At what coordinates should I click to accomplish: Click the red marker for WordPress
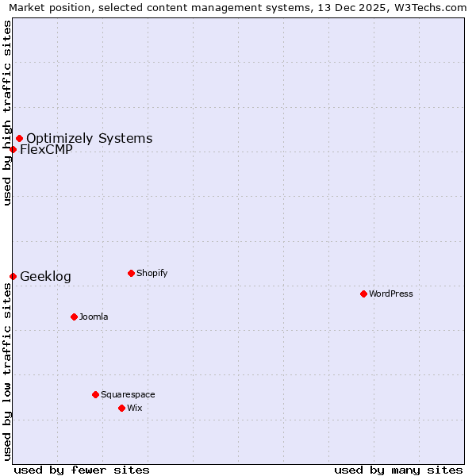click(363, 294)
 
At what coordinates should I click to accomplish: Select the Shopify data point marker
click(131, 273)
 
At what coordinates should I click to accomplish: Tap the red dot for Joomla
click(74, 317)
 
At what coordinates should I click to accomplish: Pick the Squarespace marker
click(95, 394)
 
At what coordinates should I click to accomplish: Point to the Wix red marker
click(121, 408)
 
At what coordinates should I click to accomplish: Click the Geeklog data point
click(13, 276)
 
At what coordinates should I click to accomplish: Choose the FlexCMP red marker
click(13, 149)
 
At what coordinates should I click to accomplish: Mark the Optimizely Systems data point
click(19, 138)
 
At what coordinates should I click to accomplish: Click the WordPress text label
click(391, 294)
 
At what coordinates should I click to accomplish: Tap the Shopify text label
click(152, 273)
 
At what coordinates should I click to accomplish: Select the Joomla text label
click(94, 317)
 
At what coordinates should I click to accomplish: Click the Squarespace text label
click(128, 394)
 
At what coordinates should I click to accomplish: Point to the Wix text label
click(135, 408)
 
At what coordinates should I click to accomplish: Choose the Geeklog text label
click(45, 276)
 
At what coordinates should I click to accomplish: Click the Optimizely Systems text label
click(89, 138)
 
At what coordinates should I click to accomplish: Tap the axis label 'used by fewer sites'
click(82, 470)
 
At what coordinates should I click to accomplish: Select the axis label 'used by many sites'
click(398, 470)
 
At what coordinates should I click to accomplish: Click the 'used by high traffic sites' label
click(7, 113)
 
